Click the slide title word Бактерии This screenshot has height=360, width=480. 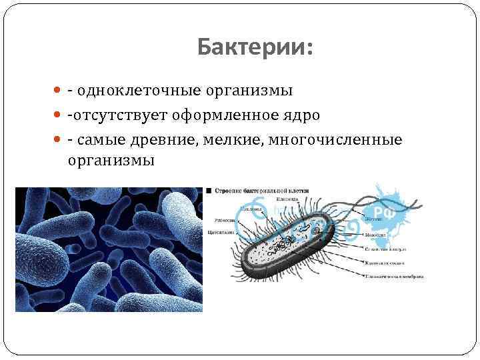[255, 48]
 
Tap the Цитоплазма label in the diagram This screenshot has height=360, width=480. [221, 233]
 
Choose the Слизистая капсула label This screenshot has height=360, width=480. [386, 249]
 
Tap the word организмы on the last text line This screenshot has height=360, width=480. [111, 161]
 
